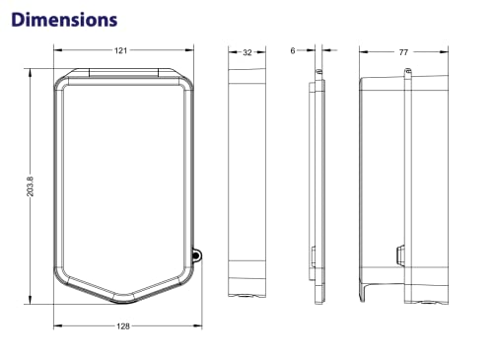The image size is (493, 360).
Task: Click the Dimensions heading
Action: point(64,20)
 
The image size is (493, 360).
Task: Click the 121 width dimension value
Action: point(120,50)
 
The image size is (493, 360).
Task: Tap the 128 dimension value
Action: point(123,326)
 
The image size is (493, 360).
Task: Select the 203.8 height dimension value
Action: point(30,186)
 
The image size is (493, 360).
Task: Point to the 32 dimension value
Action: point(247,52)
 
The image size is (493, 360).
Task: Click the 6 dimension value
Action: point(293,50)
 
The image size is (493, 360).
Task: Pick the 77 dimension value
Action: point(403,52)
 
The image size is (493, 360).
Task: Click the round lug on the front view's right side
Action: point(196,255)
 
